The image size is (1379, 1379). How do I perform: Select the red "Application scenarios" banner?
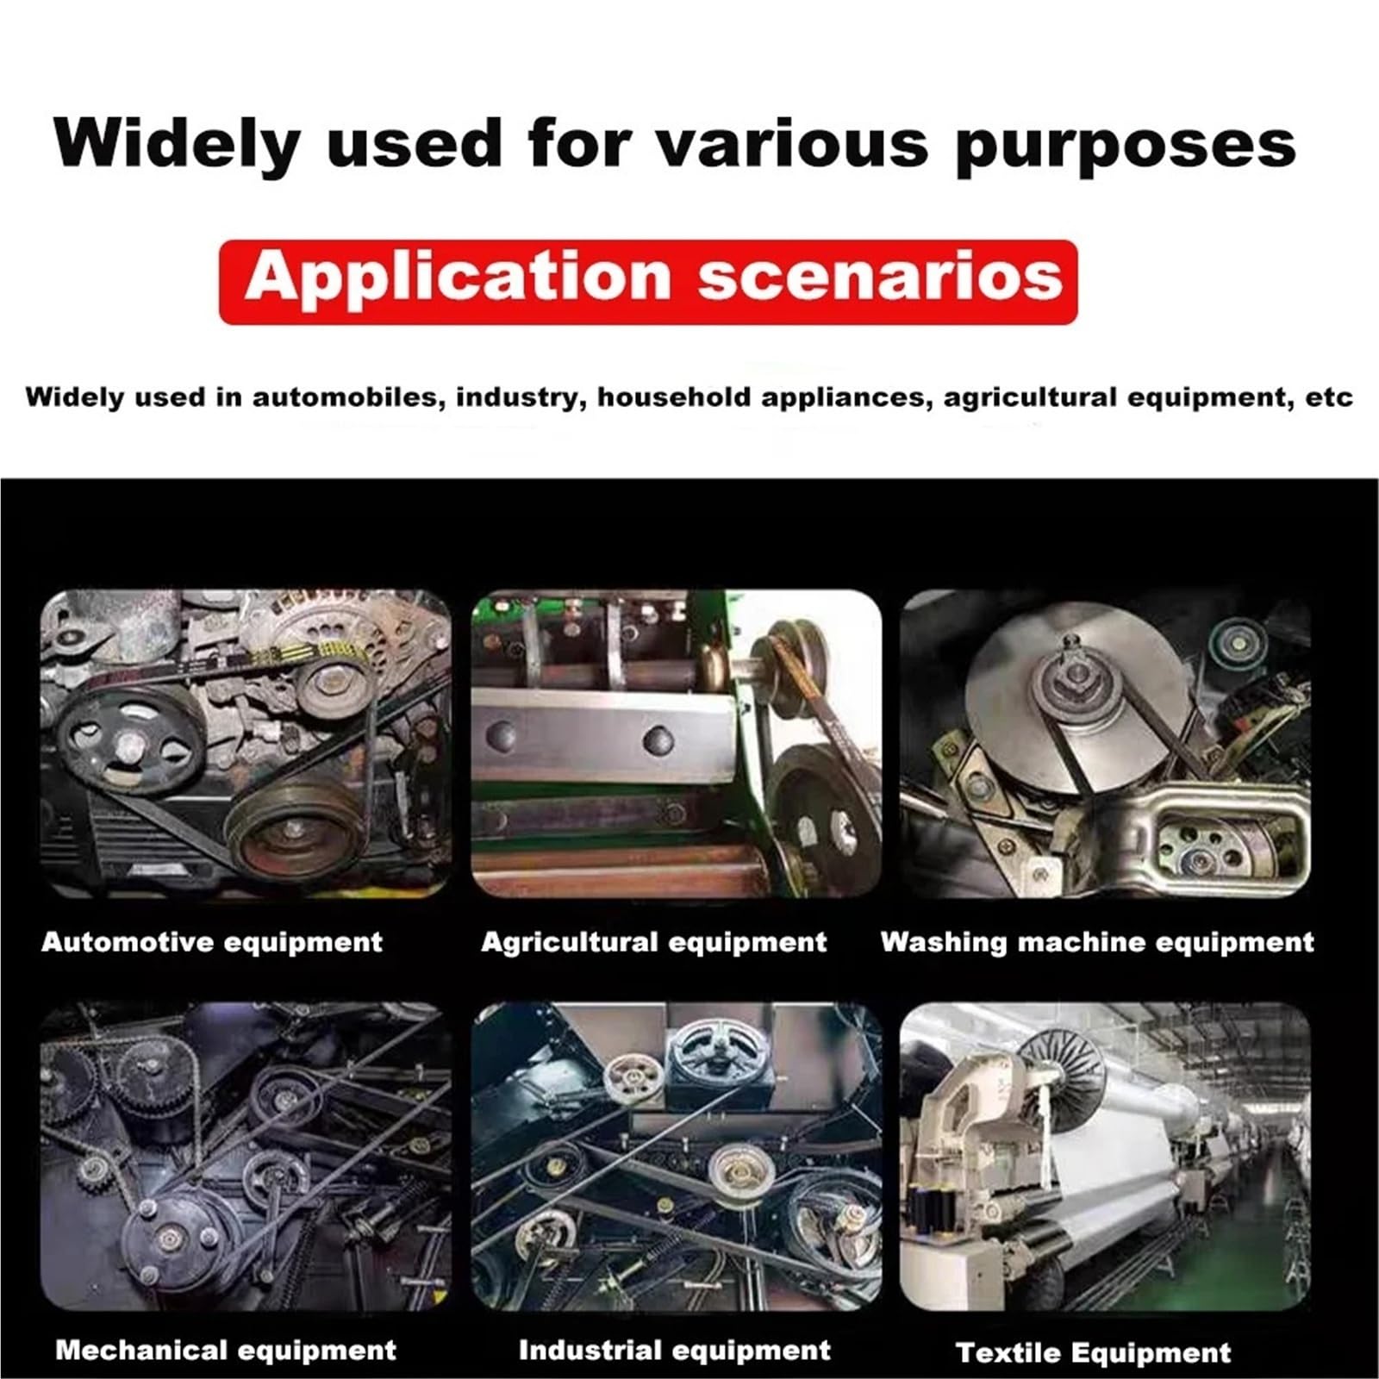click(x=648, y=282)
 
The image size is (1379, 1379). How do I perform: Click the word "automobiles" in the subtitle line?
click(x=348, y=397)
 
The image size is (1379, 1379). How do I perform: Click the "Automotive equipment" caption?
click(x=212, y=941)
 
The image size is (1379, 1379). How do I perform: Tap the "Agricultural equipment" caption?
click(x=654, y=942)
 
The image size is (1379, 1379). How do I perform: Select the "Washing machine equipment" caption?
click(x=1097, y=942)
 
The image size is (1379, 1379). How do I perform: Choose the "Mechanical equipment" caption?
click(x=226, y=1350)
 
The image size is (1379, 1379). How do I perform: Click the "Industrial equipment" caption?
click(x=675, y=1350)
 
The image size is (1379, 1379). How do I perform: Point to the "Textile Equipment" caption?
click(x=1094, y=1352)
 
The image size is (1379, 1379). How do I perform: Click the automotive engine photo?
click(x=246, y=744)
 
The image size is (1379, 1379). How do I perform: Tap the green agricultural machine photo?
click(x=677, y=744)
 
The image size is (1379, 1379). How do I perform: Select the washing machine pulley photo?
click(x=1106, y=744)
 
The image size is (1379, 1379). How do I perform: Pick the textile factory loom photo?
click(x=1106, y=1157)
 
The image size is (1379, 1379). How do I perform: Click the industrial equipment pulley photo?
click(x=677, y=1157)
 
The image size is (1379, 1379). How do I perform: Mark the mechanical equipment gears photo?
click(x=246, y=1157)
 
